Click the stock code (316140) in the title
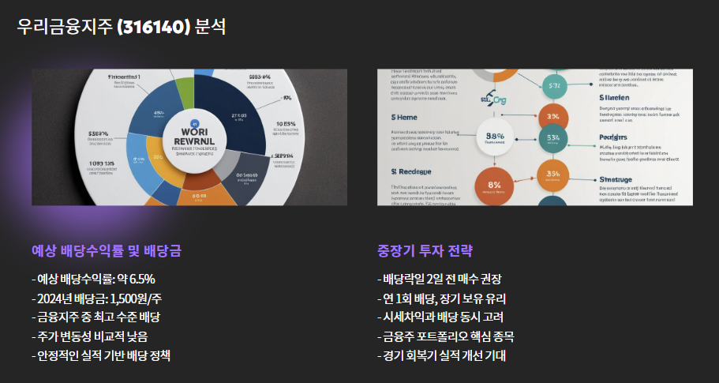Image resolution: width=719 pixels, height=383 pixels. coord(153,27)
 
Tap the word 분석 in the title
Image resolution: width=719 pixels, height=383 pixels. coord(210,27)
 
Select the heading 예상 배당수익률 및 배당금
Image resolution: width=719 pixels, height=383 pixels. coord(106,251)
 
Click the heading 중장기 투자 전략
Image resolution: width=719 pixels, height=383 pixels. coord(425,251)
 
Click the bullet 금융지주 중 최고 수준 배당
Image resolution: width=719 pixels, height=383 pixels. coord(95,317)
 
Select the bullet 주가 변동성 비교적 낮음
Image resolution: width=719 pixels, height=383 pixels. coord(92,336)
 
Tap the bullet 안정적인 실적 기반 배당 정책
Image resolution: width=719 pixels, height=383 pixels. coord(101,355)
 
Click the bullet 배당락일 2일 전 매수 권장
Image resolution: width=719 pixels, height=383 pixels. coord(440,279)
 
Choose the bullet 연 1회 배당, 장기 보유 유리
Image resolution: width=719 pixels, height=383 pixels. coord(441,298)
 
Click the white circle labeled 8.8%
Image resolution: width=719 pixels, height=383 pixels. coord(494,138)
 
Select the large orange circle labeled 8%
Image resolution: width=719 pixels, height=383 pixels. coord(496,186)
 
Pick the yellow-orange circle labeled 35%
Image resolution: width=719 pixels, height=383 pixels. coord(552,175)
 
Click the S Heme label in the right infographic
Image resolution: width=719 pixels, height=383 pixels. coord(404,116)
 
